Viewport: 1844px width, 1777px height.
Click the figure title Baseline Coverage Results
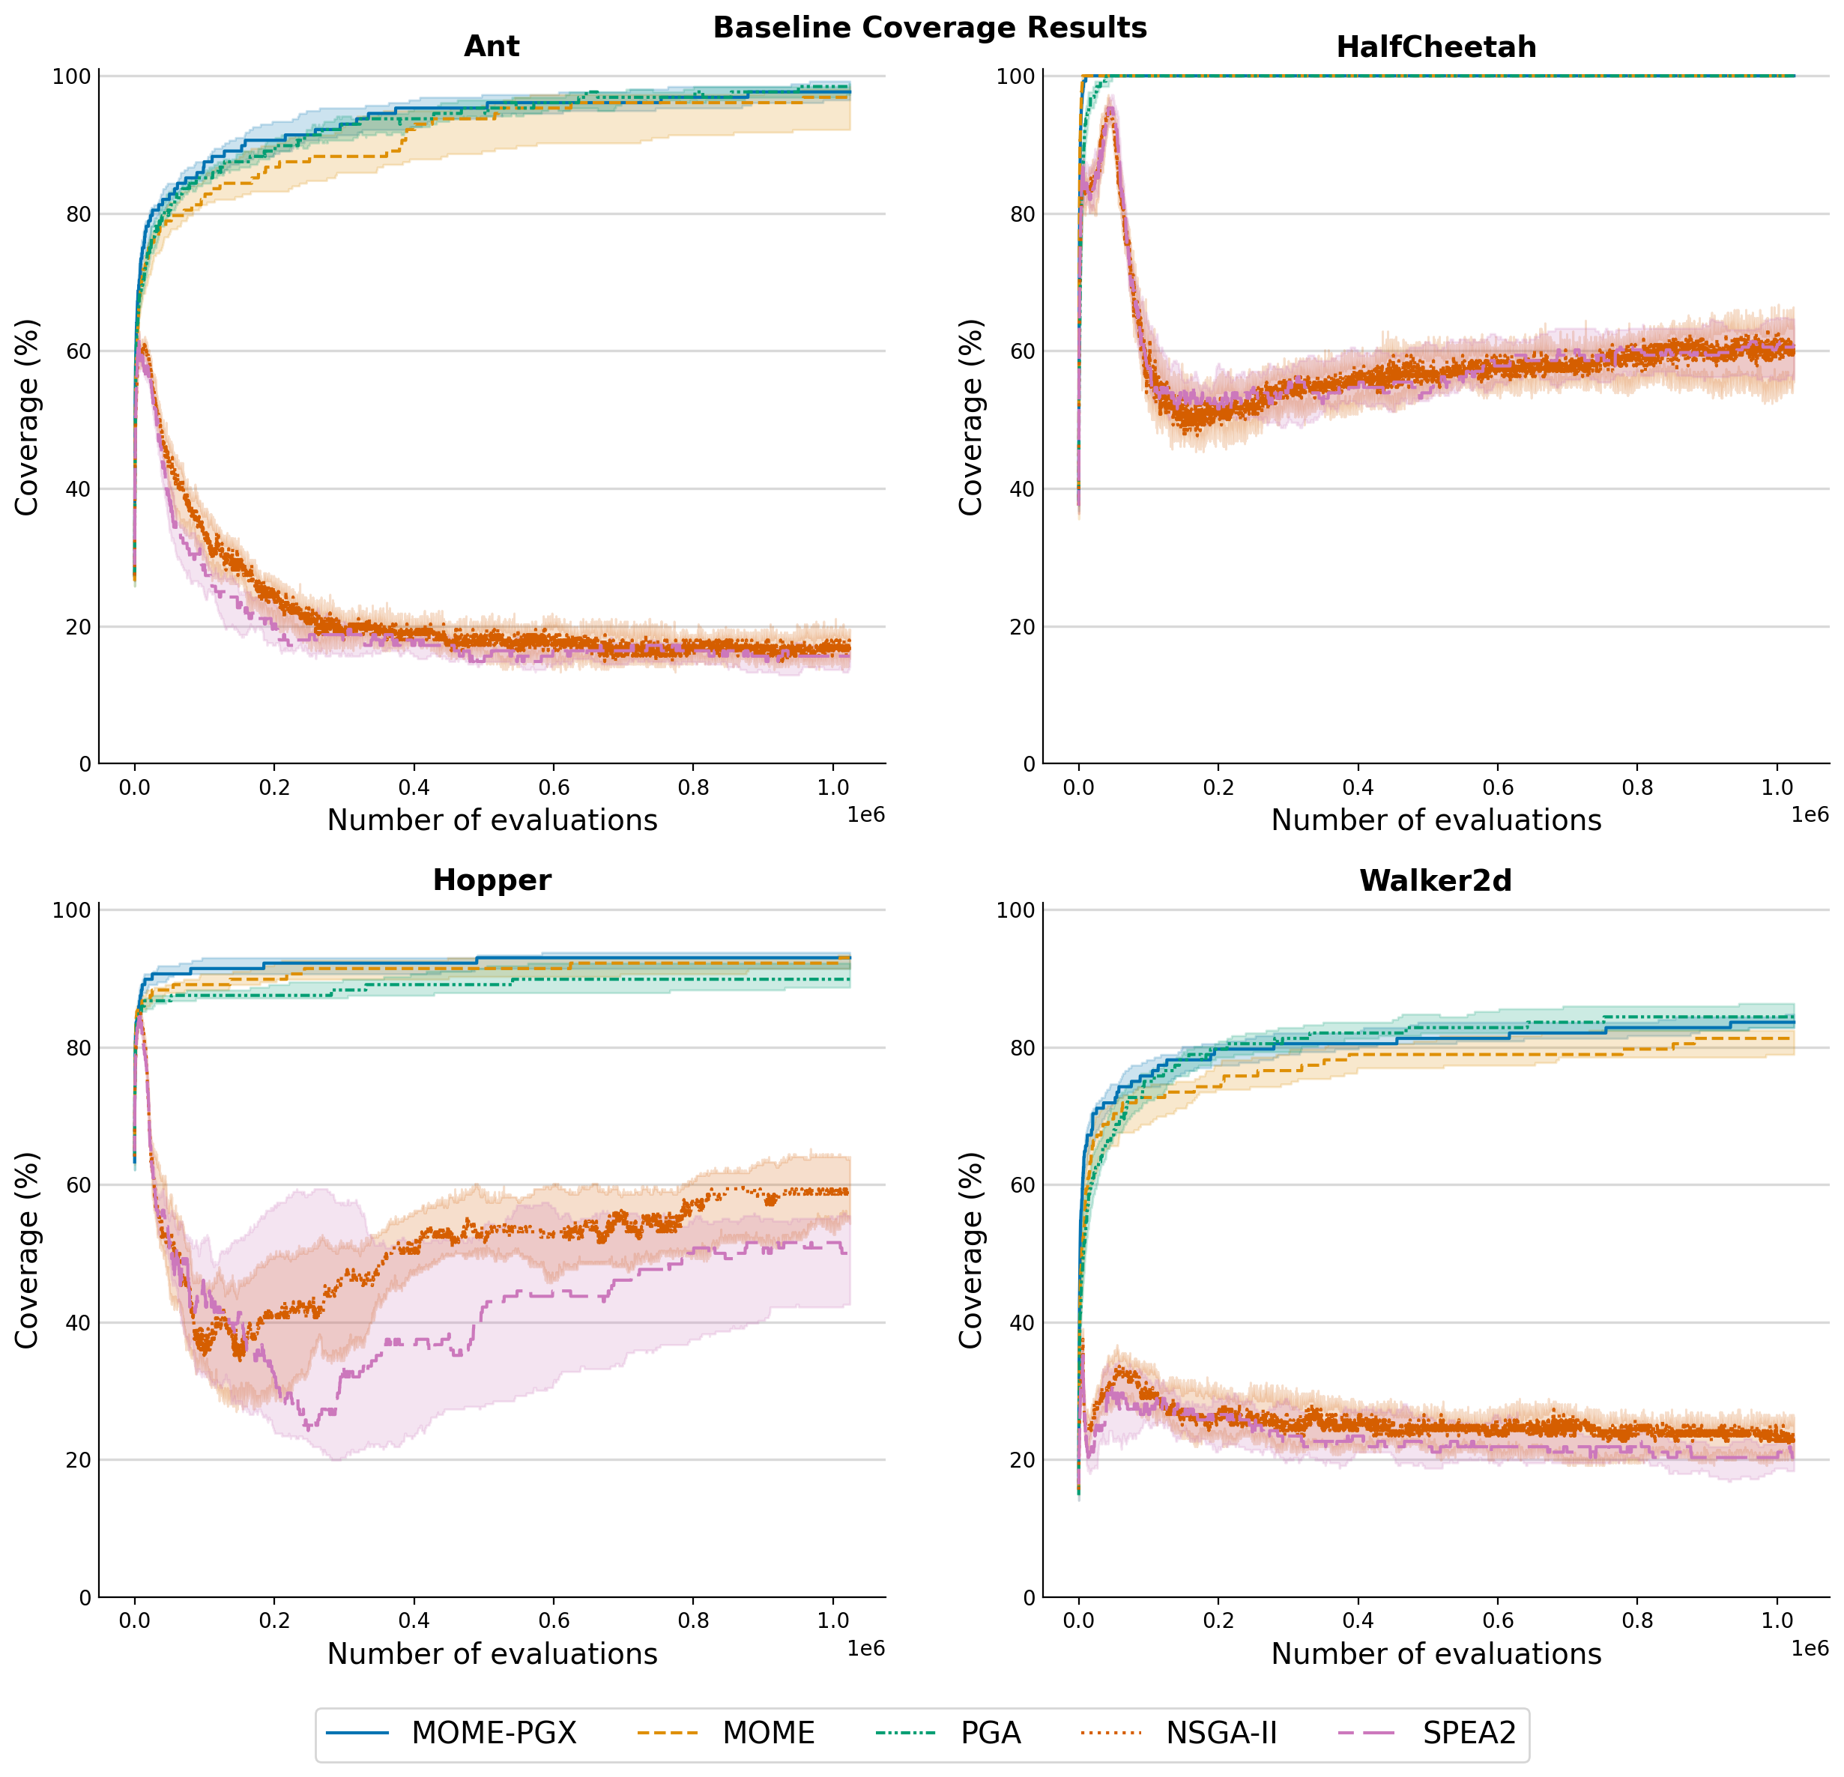930,27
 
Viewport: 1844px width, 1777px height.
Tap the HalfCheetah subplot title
1436,46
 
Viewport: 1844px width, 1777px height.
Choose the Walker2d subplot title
1436,880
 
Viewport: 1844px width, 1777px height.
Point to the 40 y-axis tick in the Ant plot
78,489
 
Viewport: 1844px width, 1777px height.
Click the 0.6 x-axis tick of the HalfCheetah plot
1498,787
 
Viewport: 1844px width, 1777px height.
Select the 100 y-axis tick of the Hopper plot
71,909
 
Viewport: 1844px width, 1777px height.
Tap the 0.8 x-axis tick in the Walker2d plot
1637,1621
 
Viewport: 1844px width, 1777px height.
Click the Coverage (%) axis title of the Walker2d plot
971,1251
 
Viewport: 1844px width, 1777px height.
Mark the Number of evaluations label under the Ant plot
492,820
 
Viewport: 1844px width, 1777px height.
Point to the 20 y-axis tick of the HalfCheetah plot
1022,626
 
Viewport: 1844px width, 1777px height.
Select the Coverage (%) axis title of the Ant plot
27,418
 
